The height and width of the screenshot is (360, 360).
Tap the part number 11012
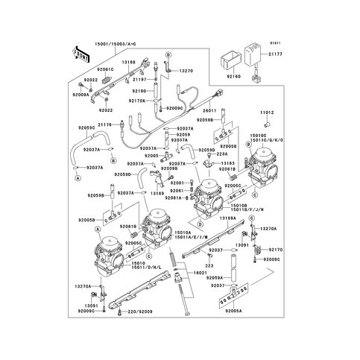tap(268, 112)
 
